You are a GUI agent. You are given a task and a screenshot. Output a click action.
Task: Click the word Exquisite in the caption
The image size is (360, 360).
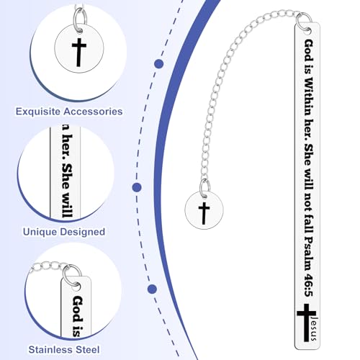pos(38,112)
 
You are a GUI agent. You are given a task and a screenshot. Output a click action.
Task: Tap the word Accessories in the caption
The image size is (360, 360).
pos(94,112)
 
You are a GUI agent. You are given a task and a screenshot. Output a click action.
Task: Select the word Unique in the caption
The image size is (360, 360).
pos(40,232)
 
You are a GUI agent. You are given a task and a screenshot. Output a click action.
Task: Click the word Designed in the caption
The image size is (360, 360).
pos(83,232)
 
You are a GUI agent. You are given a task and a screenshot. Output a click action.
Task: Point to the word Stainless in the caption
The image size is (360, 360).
pos(50,349)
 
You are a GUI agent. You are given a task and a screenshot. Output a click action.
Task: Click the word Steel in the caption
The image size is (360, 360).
pos(87,349)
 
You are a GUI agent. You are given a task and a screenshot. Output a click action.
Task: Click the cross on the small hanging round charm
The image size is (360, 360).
pos(204,213)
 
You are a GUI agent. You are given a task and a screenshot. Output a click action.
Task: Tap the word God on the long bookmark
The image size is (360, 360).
pos(308,51)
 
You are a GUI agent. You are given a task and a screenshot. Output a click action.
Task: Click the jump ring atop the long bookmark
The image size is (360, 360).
pos(304,22)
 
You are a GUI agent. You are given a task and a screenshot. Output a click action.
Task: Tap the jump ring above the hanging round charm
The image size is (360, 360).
pos(205,189)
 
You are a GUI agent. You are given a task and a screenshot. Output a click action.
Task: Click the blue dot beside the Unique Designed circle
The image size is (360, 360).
pos(137,187)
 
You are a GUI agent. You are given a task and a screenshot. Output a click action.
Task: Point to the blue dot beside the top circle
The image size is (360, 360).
pos(159,64)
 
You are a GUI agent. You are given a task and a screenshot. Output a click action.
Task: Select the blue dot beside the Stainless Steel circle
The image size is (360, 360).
pos(152,289)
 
